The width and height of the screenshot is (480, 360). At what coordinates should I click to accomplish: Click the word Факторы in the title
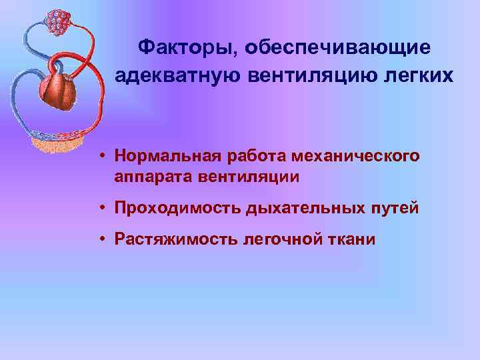click(187, 47)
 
